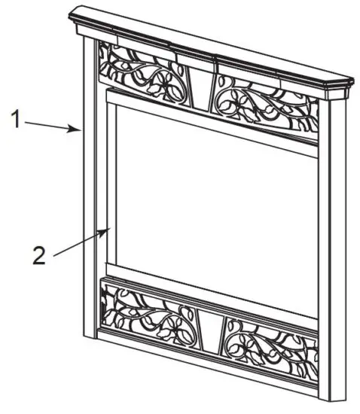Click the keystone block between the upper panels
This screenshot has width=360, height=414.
[x=200, y=84]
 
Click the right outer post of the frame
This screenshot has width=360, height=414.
[x=332, y=248]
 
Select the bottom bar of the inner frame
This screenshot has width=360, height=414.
[x=211, y=288]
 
